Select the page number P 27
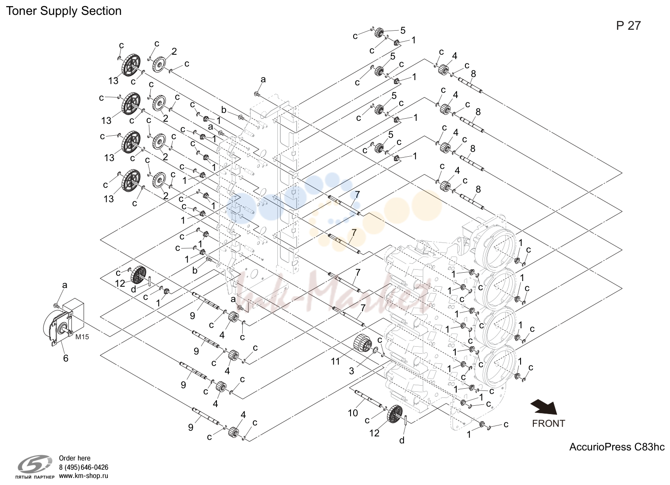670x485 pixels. point(628,26)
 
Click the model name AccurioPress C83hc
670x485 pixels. point(617,447)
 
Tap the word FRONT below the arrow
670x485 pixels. point(549,423)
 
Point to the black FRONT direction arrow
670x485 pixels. point(544,408)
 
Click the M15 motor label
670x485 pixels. point(82,337)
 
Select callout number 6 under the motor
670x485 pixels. point(65,358)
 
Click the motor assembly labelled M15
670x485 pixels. point(64,323)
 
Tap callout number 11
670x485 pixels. point(335,362)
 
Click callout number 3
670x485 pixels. point(351,371)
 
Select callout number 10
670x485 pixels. point(353,413)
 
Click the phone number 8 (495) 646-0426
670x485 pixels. point(83,467)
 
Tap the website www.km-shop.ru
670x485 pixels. point(83,476)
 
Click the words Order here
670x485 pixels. point(74,458)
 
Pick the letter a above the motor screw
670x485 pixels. point(64,285)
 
